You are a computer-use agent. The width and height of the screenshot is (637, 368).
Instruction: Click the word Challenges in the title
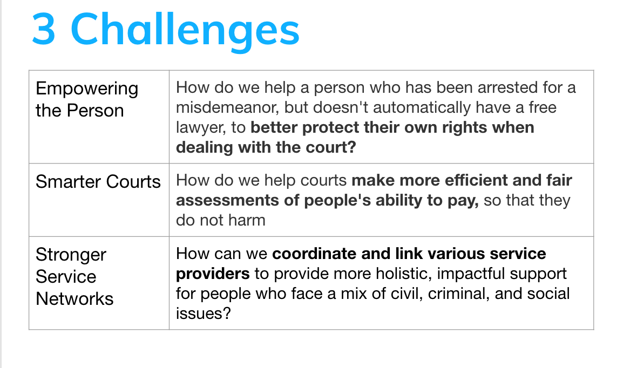click(x=185, y=30)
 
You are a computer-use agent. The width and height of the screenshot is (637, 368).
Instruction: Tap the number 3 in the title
click(x=44, y=30)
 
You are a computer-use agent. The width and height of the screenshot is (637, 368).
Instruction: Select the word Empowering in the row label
click(x=87, y=88)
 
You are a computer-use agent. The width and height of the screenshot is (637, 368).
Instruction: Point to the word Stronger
click(x=71, y=255)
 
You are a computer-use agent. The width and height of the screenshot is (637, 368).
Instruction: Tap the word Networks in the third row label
click(x=74, y=298)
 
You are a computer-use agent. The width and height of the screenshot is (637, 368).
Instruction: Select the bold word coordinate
click(x=321, y=254)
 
